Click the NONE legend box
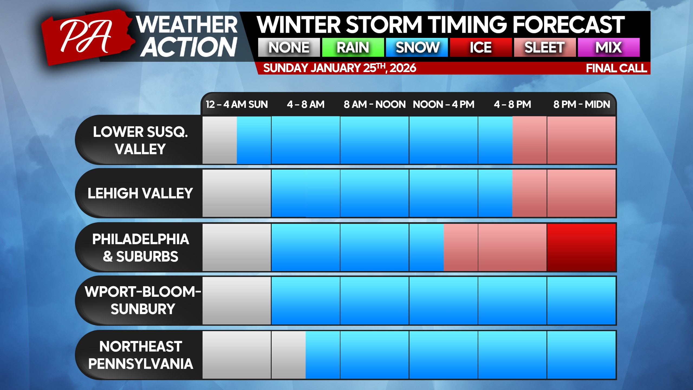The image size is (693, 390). point(289,47)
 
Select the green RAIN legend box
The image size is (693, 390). point(353,47)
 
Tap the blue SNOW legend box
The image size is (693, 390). point(417,47)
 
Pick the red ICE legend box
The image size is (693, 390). point(481,47)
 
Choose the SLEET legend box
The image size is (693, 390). point(545,47)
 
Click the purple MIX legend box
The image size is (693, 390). point(609,47)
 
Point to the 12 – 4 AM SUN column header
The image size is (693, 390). point(237,104)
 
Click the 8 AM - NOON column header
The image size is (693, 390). point(375,104)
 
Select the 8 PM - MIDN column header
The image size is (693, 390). point(582,104)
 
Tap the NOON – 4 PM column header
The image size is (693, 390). point(444,104)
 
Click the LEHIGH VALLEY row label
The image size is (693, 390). point(140,193)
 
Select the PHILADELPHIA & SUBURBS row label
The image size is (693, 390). point(141,248)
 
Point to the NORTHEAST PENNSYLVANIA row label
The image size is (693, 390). point(141,355)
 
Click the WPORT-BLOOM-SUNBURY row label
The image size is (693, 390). point(143,300)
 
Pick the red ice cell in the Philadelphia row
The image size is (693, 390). point(581,247)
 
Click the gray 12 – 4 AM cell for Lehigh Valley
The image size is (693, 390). point(237,193)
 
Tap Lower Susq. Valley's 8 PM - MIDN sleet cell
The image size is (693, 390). point(581,140)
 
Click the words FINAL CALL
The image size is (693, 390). point(616,68)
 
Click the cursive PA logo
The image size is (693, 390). point(86,37)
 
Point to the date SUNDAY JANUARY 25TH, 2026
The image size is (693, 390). point(340,68)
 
